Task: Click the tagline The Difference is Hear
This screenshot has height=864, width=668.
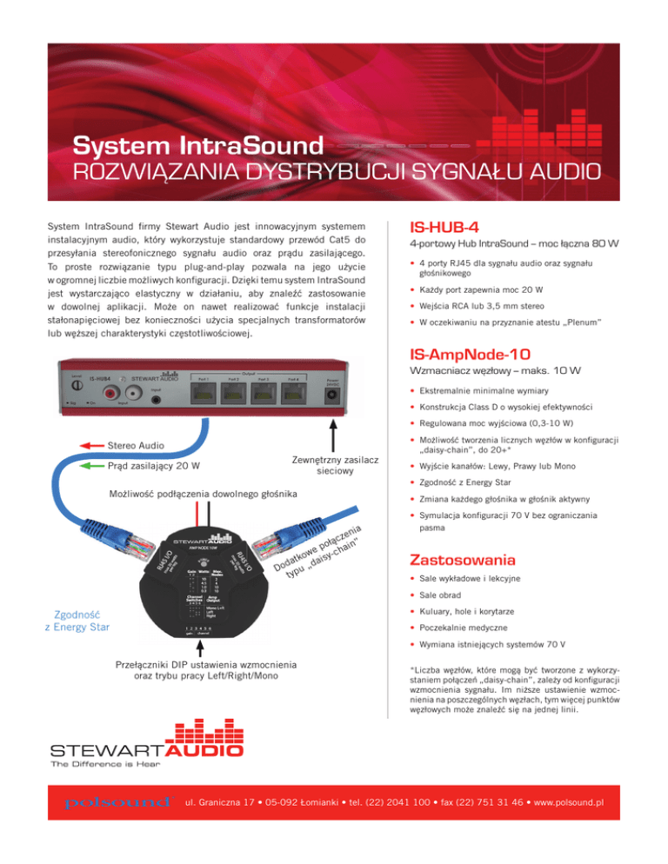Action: (x=109, y=765)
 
